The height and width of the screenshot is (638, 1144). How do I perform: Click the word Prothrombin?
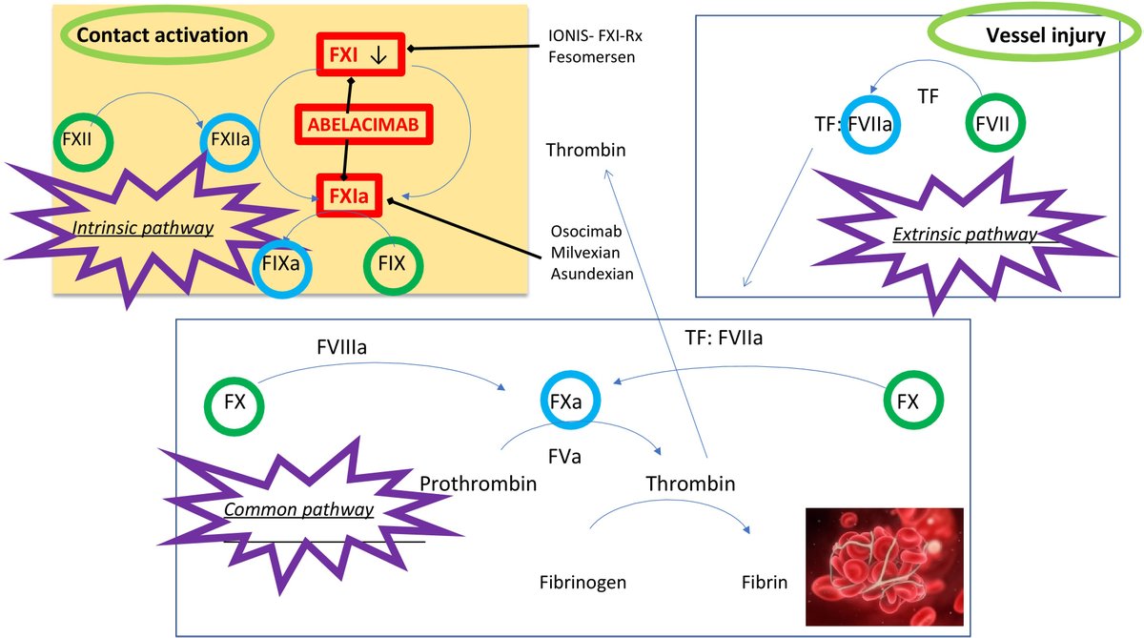(x=479, y=484)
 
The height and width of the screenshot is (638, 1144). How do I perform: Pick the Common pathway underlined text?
(x=298, y=509)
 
